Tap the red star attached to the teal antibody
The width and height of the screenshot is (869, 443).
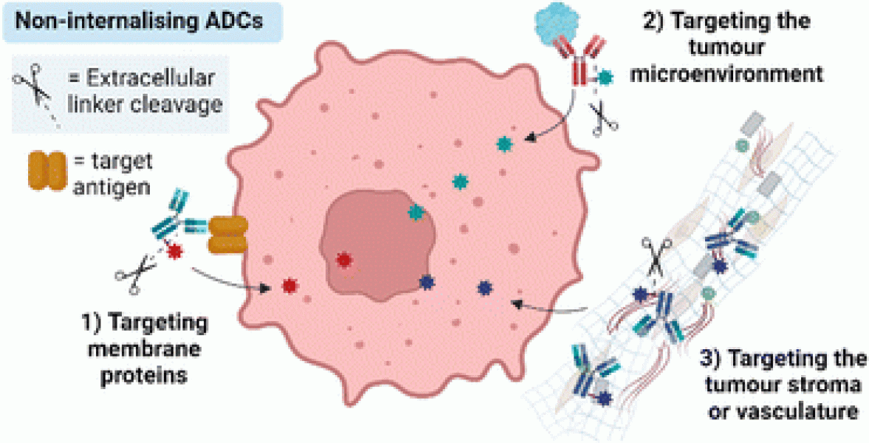coord(175,253)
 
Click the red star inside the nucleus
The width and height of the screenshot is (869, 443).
coord(343,260)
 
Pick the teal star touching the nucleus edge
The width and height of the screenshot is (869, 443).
coord(416,213)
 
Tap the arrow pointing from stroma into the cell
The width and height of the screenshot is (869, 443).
coord(546,304)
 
